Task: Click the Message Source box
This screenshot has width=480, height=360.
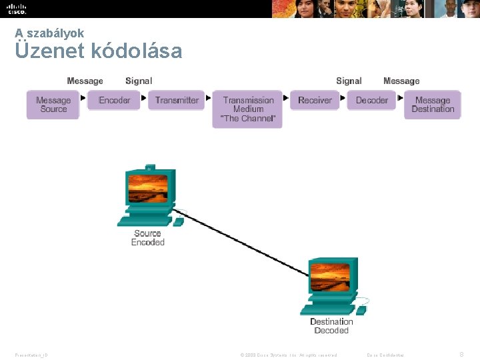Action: click(x=53, y=105)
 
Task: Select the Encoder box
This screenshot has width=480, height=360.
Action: click(x=114, y=100)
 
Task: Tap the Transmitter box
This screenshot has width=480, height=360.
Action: click(x=177, y=100)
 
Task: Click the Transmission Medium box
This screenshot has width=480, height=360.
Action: click(x=248, y=109)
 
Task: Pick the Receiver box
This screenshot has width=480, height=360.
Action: click(x=315, y=100)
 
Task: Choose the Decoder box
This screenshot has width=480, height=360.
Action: click(x=371, y=100)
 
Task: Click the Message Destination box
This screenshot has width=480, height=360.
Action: click(x=433, y=105)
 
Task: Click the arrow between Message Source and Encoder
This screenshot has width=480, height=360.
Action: click(x=83, y=98)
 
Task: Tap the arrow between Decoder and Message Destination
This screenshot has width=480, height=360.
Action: click(x=400, y=98)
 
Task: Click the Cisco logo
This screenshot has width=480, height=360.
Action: click(x=16, y=9)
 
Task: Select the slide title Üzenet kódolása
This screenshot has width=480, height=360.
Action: click(x=99, y=51)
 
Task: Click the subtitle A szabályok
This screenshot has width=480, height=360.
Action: click(x=50, y=32)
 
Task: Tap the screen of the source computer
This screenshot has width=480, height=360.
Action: click(x=147, y=187)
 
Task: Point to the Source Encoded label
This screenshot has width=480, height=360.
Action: click(x=147, y=238)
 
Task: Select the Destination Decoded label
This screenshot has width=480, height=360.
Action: click(x=331, y=326)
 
